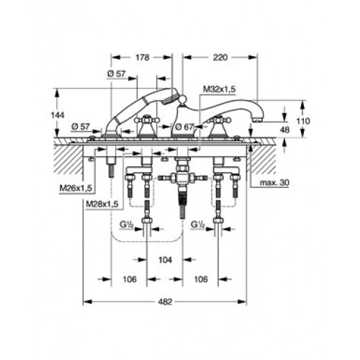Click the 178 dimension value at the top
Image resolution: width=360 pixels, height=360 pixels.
(x=143, y=58)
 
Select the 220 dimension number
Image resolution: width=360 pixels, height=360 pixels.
(x=220, y=58)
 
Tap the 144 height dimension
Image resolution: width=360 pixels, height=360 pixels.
(x=58, y=115)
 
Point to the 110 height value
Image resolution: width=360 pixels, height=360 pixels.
(x=303, y=121)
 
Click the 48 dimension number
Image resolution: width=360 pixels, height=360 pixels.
(x=284, y=130)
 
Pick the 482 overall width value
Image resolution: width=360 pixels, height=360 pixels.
(x=166, y=302)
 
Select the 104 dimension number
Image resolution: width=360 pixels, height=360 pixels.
(x=166, y=260)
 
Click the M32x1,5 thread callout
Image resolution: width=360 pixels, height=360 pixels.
(x=220, y=89)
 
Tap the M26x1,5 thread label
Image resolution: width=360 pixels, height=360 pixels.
(x=76, y=189)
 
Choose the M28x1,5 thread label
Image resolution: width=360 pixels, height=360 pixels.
(x=102, y=204)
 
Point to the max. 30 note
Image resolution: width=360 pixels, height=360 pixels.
(x=274, y=183)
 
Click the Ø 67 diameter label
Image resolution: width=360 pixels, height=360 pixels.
(x=184, y=127)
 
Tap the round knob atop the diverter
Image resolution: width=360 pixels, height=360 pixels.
(x=182, y=98)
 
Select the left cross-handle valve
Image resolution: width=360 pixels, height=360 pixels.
(x=146, y=126)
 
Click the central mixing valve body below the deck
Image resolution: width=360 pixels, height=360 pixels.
(x=182, y=178)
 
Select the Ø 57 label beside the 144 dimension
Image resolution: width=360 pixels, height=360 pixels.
(x=81, y=127)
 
